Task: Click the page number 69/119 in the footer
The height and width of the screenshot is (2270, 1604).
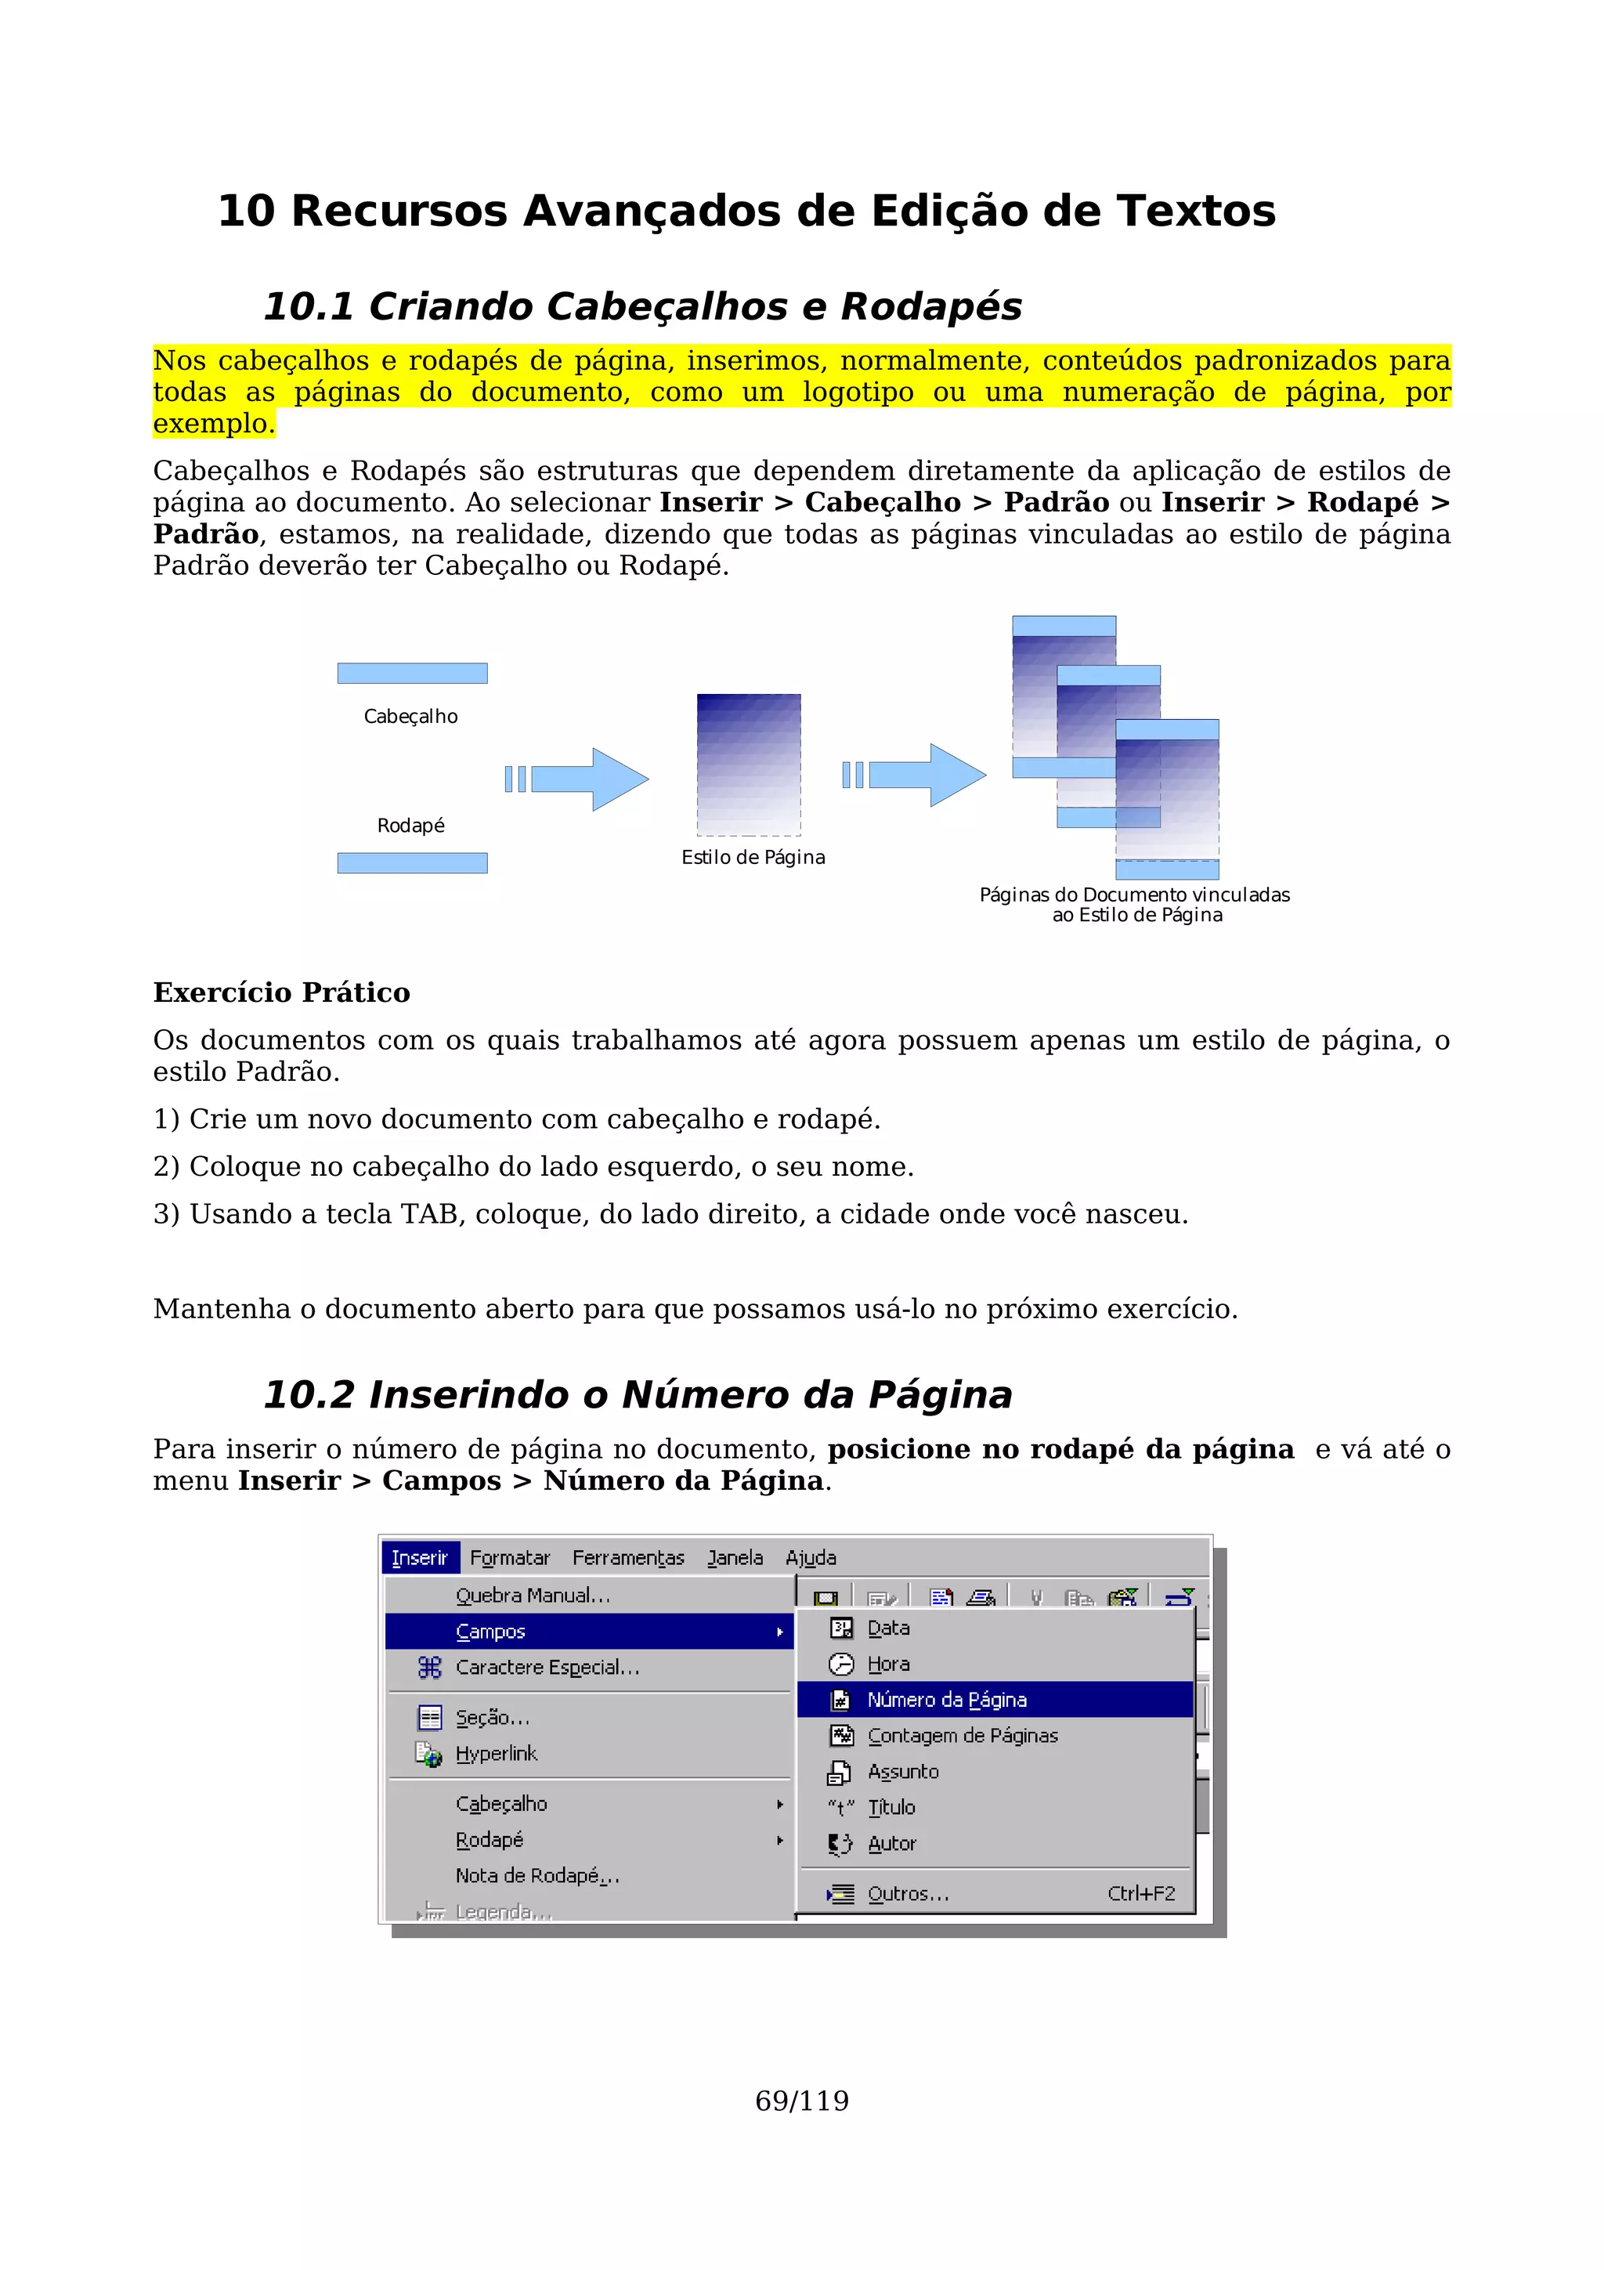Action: click(x=801, y=2100)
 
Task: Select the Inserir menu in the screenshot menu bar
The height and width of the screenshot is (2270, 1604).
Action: click(x=420, y=1558)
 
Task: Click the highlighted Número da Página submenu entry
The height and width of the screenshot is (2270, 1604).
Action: click(x=947, y=1700)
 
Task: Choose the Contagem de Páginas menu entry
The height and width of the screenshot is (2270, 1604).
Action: click(x=962, y=1735)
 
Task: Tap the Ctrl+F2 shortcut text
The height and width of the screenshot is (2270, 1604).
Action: click(x=1140, y=1893)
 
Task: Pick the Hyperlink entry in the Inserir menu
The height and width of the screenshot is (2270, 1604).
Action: click(x=496, y=1753)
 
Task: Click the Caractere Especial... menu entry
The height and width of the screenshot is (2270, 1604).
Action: click(x=547, y=1667)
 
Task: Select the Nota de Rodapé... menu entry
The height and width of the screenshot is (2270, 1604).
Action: click(x=536, y=1875)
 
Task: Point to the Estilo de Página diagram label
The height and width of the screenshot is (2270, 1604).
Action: click(x=753, y=857)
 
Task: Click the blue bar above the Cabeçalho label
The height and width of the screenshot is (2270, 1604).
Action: click(x=412, y=674)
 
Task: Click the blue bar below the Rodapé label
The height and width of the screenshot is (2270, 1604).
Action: click(x=412, y=863)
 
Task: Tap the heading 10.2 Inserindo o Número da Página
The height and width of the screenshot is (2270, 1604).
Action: click(x=638, y=1394)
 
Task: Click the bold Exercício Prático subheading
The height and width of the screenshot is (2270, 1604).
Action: click(x=282, y=992)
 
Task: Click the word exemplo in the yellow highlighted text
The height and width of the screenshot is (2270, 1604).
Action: click(x=211, y=423)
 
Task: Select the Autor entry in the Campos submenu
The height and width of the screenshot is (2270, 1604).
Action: click(x=891, y=1843)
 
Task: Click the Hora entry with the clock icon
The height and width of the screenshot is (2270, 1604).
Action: click(x=887, y=1664)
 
